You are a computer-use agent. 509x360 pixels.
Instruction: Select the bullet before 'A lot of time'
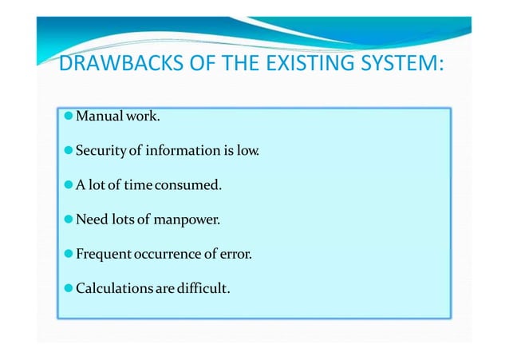[69, 186]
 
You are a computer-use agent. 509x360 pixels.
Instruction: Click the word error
[236, 255]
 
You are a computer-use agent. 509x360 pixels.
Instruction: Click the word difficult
[205, 288]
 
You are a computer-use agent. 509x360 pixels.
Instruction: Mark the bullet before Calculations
[69, 288]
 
